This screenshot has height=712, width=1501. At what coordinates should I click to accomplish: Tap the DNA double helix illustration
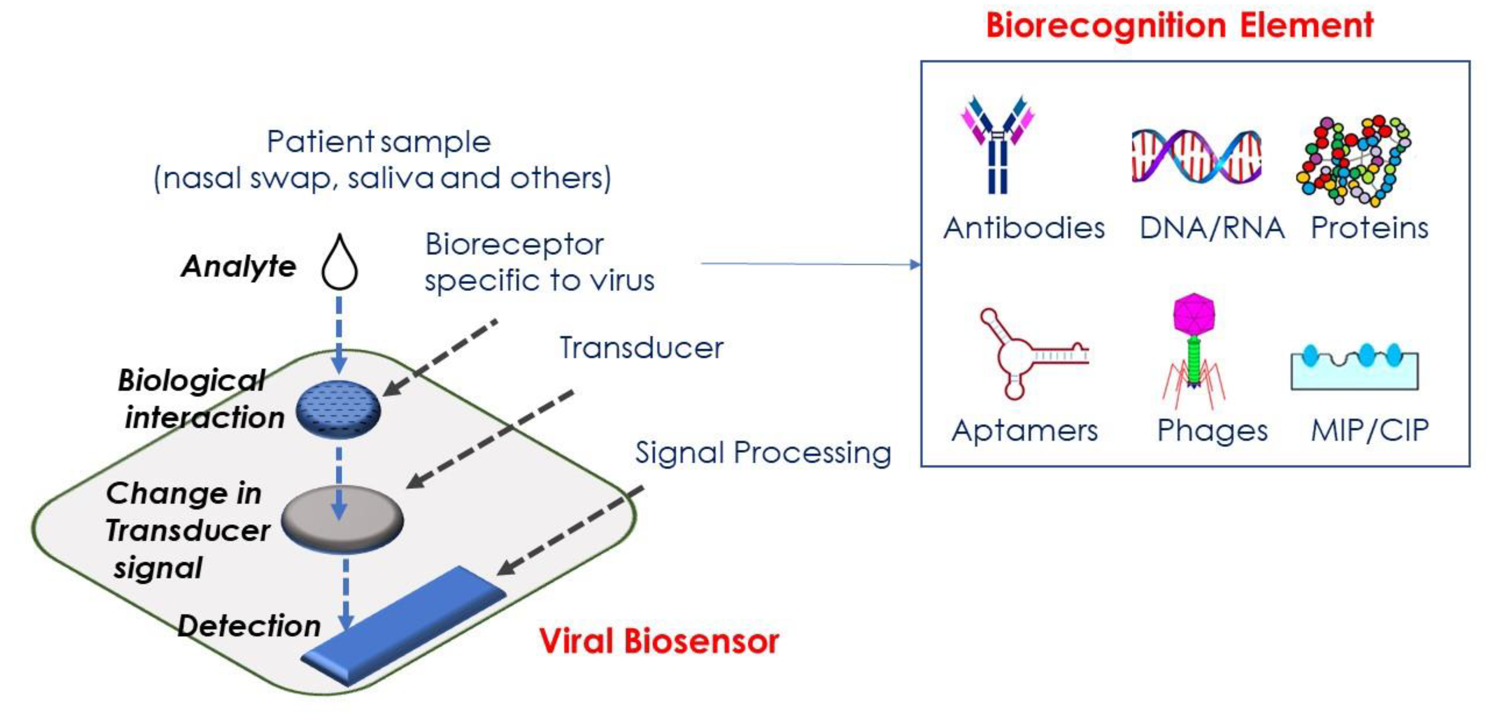pyautogui.click(x=1196, y=156)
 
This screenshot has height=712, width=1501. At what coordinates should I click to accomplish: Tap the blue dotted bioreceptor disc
pyautogui.click(x=338, y=409)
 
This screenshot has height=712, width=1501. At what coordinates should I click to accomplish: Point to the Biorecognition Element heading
pyautogui.click(x=1179, y=26)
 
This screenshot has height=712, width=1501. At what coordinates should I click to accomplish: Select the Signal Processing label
pyautogui.click(x=763, y=453)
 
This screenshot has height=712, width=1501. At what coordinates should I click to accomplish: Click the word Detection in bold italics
pyautogui.click(x=249, y=626)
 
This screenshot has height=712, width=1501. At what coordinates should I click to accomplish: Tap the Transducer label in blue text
pyautogui.click(x=641, y=348)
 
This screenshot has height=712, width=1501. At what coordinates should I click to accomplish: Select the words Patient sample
pyautogui.click(x=379, y=141)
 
